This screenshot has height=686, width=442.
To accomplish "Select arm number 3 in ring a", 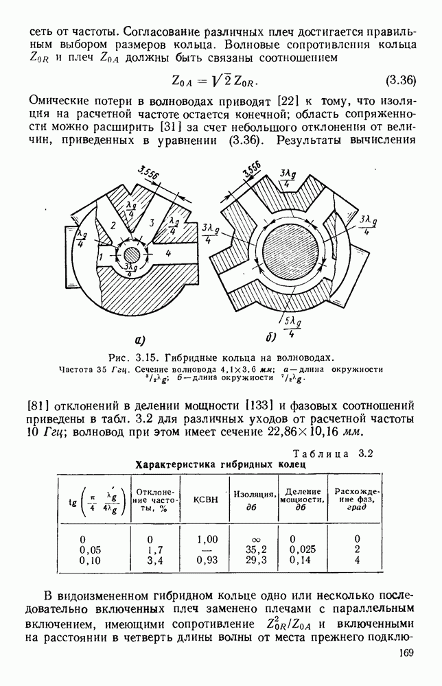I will click(150, 224).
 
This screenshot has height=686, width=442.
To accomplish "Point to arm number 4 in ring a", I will click(167, 252).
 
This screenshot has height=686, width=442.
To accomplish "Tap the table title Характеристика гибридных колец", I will click(221, 464).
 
